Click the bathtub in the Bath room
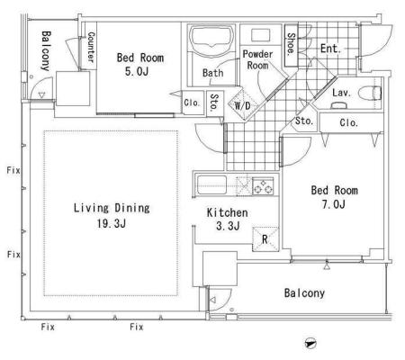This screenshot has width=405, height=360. [x=211, y=38]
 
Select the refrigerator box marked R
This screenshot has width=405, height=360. [x=265, y=239]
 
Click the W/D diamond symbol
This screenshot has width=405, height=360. [x=242, y=104]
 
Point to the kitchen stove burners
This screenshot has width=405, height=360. [x=263, y=186]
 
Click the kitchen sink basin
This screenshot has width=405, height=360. [x=211, y=185]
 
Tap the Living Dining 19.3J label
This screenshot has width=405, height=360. [x=112, y=215]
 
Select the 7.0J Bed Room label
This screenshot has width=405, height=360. [x=334, y=197]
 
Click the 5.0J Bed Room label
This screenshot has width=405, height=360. [x=140, y=64]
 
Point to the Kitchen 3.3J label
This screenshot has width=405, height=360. [x=228, y=220]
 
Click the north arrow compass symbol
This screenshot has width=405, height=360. [x=310, y=343]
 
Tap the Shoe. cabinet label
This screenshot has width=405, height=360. [x=291, y=44]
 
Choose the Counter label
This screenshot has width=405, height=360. [x=91, y=48]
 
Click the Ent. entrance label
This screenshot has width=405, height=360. [x=330, y=49]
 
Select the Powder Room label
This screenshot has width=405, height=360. [x=257, y=59]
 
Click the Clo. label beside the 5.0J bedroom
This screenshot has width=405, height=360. [x=192, y=103]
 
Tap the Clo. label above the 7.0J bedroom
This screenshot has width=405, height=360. [x=349, y=122]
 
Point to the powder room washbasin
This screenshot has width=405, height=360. [x=261, y=35]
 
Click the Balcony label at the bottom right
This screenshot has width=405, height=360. [x=304, y=293]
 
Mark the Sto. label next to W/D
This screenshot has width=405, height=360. [x=215, y=103]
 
